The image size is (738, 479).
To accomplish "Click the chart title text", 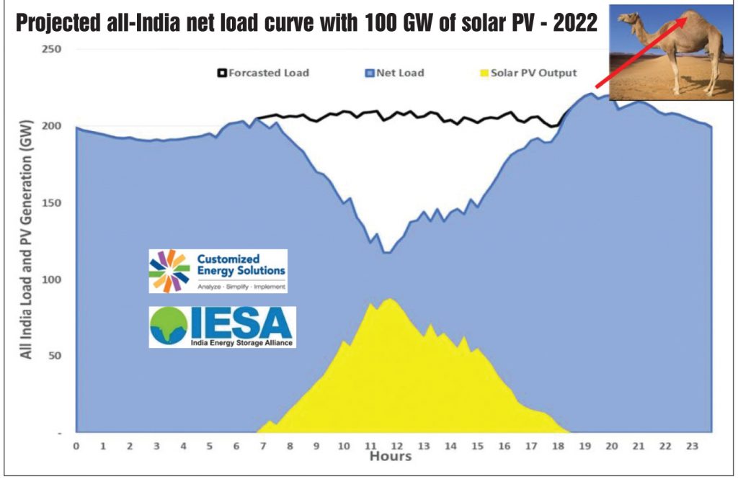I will coord(306,23).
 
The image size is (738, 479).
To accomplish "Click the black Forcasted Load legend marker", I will coord(223,73).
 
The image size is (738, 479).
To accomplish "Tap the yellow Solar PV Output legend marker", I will coord(485,73).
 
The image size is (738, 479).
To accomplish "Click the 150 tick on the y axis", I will coord(52,202).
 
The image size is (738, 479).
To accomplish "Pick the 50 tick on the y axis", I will coord(55,356).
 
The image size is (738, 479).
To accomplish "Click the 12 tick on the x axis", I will coord(398,446).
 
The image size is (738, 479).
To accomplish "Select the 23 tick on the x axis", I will coord(692,446).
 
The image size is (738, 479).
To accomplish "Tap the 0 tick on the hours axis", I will coord(76,446).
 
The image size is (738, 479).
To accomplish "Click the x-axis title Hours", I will coord(390,457).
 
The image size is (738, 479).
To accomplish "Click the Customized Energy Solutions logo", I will coord(218,271).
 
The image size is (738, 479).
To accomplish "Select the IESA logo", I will coord(222,326).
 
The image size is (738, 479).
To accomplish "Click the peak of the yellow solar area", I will coord(390,298).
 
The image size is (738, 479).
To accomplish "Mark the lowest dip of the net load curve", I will coord(387,252).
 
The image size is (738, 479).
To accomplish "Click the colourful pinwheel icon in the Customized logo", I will coord(170,270).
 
